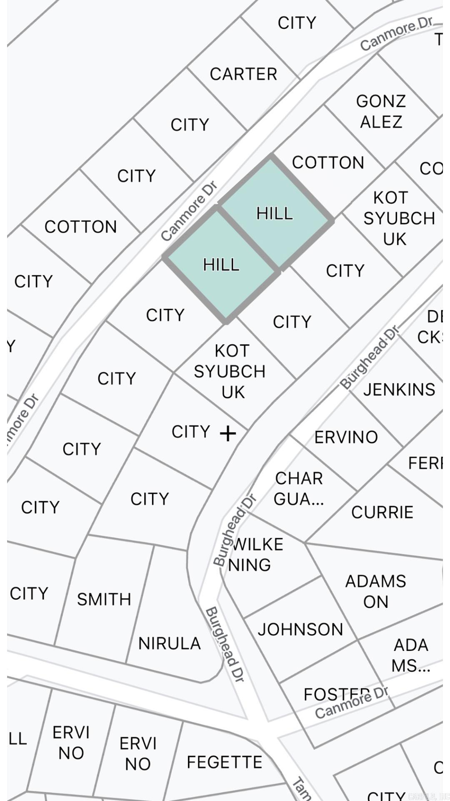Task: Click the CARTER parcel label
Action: pos(243,74)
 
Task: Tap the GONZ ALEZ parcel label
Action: pos(381,111)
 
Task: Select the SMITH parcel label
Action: pos(104,599)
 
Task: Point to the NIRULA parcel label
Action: pos(169,643)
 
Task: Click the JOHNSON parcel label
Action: pos(300,629)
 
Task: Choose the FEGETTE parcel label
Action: pos(224,762)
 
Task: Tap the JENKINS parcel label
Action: pos(399,390)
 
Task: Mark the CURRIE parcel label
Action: pos(382,512)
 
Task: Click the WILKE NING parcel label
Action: pos(255,555)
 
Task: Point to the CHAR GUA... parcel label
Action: pos(299,489)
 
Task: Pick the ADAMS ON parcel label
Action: pos(375,591)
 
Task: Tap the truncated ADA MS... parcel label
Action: pos(410,655)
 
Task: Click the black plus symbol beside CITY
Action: pos(228,434)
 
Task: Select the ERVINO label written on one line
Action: pos(346,437)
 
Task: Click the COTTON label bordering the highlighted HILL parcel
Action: pos(328,163)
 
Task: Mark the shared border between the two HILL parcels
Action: pos(248,238)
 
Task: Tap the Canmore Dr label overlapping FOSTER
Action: pos(351,703)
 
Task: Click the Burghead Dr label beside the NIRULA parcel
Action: pos(225,645)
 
